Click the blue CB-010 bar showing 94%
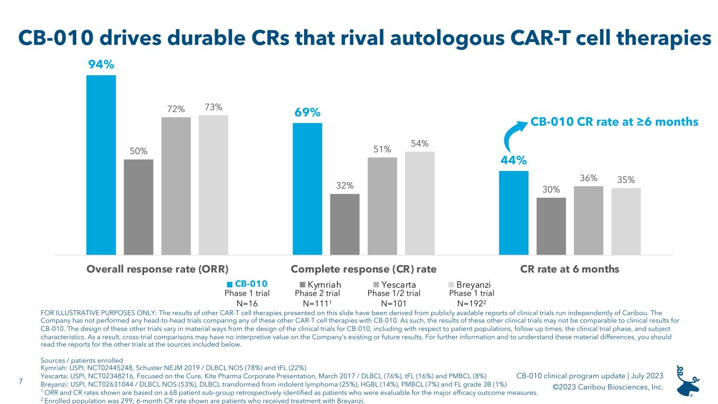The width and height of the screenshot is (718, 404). point(101,165)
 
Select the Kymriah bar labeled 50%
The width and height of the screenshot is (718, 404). point(138,207)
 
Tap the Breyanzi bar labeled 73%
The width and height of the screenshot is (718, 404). point(214,185)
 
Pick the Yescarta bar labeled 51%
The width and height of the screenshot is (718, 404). point(382,206)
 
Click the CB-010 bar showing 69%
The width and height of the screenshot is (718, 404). point(307,189)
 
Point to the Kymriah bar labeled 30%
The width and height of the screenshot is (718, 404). point(551,226)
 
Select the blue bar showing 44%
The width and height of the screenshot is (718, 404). point(514,213)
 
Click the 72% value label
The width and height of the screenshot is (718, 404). point(176,109)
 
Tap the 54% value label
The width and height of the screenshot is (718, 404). point(420,143)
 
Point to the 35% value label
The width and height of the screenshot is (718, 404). point(626,179)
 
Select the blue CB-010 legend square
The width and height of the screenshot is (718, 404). point(229,285)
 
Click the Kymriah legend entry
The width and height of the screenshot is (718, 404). point(320,285)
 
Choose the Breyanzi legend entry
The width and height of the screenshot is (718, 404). point(469,285)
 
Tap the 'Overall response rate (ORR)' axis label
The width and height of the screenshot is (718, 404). point(157,269)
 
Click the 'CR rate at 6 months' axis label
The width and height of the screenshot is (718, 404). point(570,269)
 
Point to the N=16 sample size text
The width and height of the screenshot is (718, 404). point(247,304)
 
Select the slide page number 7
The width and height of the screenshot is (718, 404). point(21,381)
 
